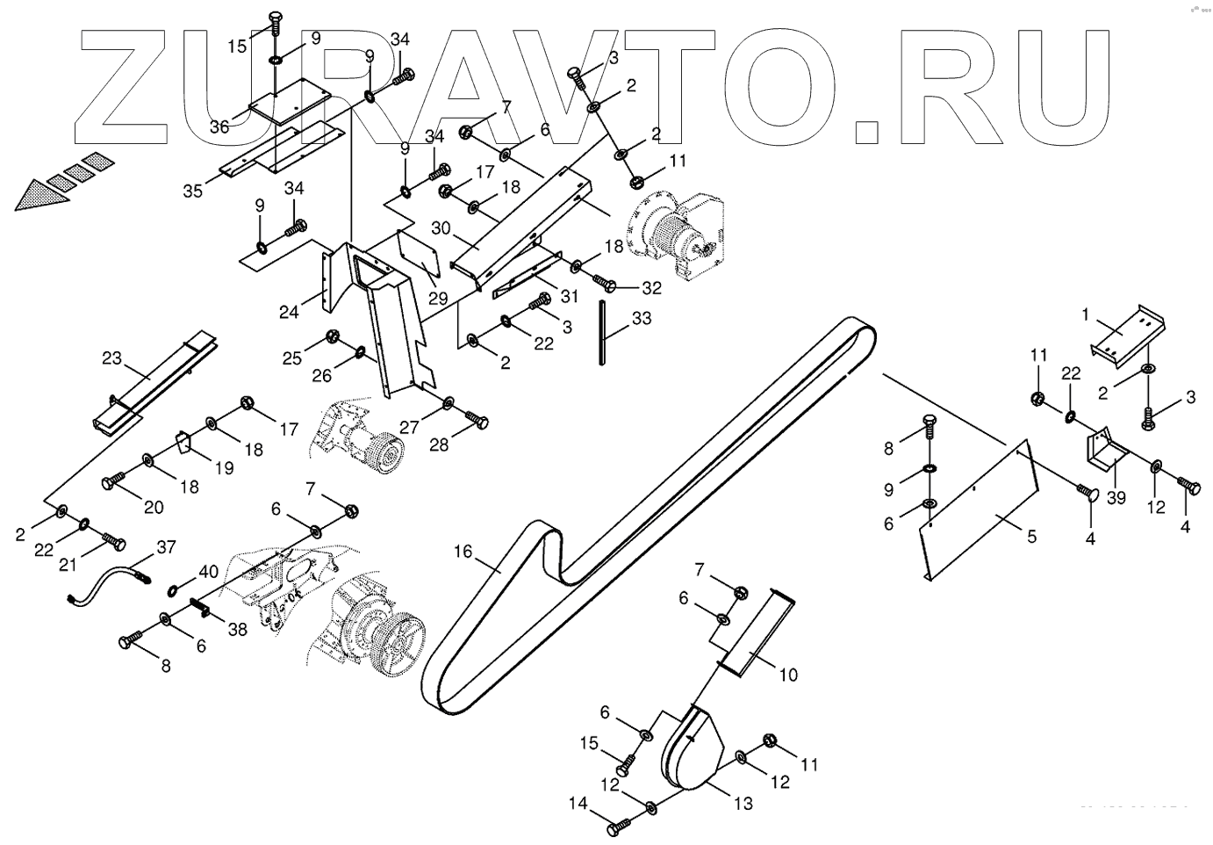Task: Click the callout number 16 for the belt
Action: click(x=463, y=552)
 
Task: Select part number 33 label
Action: click(x=642, y=319)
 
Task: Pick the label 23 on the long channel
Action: click(x=111, y=358)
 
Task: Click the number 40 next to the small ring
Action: click(x=208, y=572)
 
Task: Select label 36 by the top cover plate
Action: click(x=219, y=126)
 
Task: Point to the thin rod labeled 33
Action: click(x=604, y=331)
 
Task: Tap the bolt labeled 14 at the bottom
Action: click(x=620, y=827)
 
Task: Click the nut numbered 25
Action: click(x=333, y=336)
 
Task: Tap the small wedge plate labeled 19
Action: click(x=183, y=440)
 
